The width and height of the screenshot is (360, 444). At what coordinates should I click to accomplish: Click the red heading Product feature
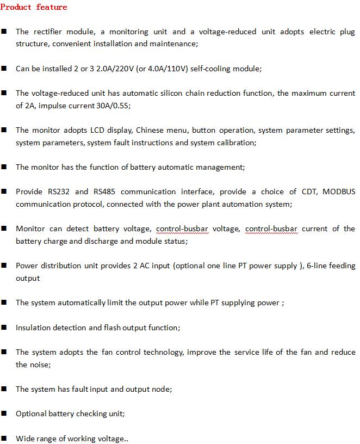(34, 7)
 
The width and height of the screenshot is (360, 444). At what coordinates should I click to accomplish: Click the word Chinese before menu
(151, 131)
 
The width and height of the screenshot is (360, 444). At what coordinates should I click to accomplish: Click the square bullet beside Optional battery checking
(4, 414)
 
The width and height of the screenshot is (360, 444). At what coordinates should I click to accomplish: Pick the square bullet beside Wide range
(4, 438)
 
